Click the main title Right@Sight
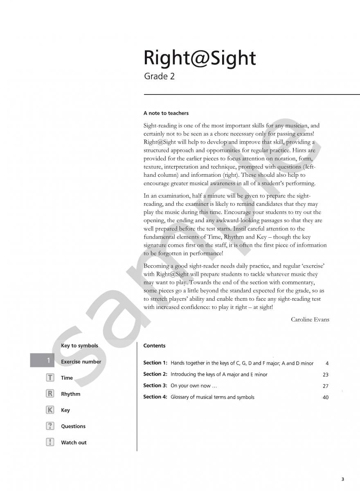[x=199, y=58]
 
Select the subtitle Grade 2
[x=159, y=77]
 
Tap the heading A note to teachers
[x=166, y=113]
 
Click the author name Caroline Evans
[x=310, y=320]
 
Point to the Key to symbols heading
[x=79, y=346]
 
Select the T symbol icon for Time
[x=50, y=378]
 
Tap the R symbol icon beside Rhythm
[x=50, y=394]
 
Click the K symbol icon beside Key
[x=50, y=410]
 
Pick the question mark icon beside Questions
[x=50, y=426]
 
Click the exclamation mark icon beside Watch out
[x=50, y=442]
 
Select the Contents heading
[x=154, y=346]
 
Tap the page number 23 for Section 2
[x=325, y=374]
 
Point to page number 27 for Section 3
[x=325, y=386]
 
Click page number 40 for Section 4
[x=325, y=397]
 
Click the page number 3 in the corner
[x=342, y=479]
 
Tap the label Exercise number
[x=81, y=362]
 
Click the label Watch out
[x=74, y=443]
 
